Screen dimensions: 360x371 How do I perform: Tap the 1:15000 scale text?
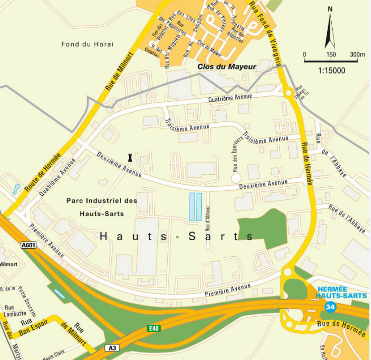tap(332, 70)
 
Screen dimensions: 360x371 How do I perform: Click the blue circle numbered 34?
tap(330, 307)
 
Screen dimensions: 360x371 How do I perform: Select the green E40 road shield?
tap(154, 328)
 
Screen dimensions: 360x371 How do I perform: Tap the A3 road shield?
tap(112, 348)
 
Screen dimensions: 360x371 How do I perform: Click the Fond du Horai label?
tap(88, 44)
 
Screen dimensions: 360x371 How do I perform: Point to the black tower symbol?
tap(131, 157)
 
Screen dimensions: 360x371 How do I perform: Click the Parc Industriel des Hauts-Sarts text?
tap(102, 206)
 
